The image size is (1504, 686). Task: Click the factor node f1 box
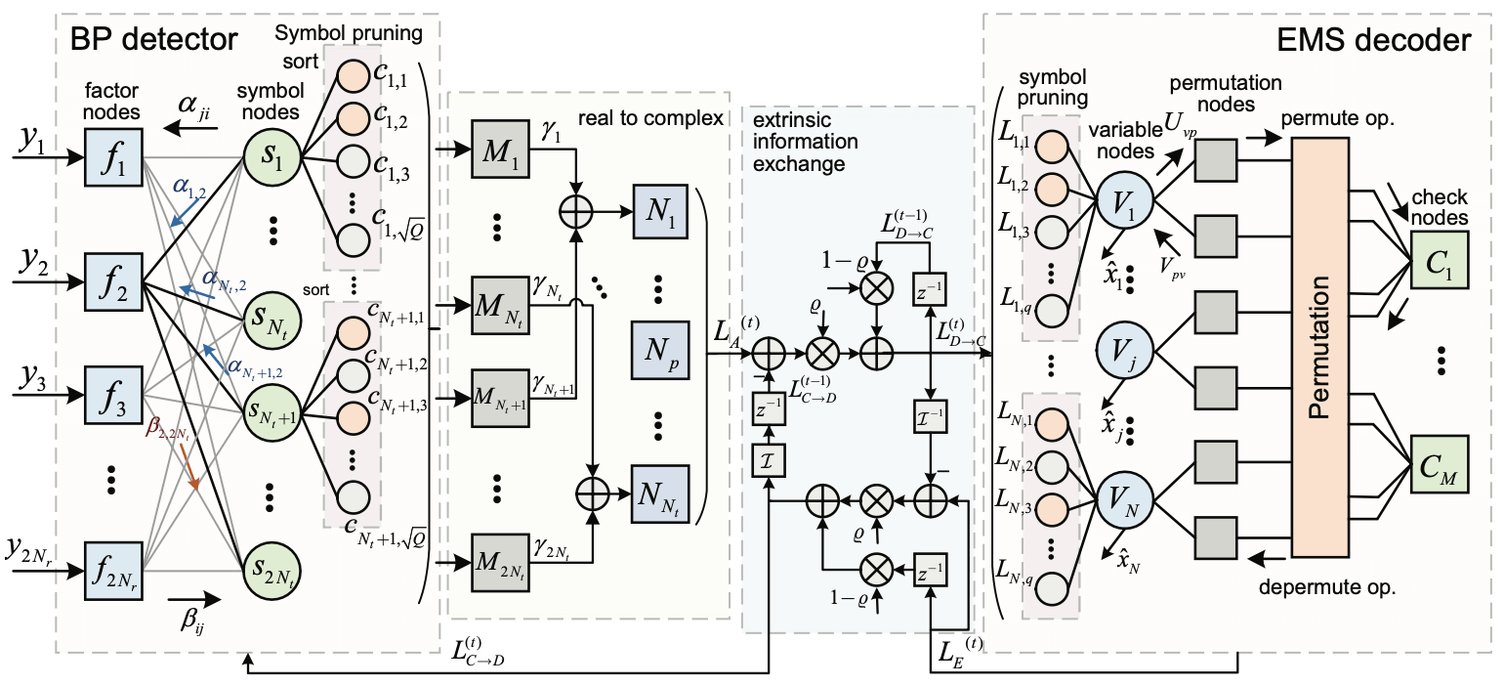tap(114, 156)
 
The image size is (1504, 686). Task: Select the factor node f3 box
tap(114, 394)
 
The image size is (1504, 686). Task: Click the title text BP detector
tap(152, 40)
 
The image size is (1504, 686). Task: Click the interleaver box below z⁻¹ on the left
tap(769, 459)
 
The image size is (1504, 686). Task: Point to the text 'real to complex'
tap(651, 117)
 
